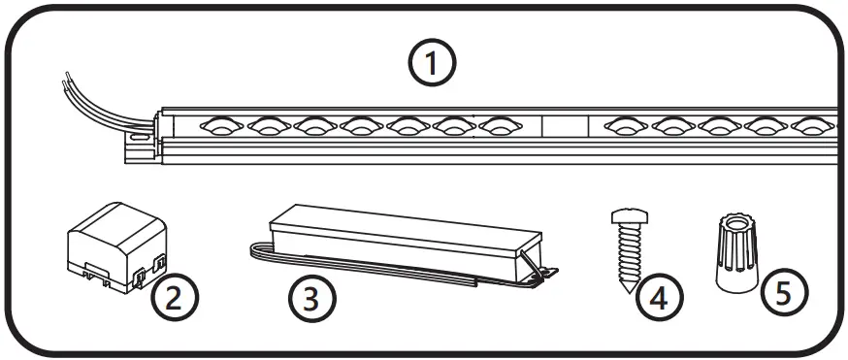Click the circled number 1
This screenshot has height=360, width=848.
tap(430, 65)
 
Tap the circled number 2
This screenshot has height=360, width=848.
tap(175, 297)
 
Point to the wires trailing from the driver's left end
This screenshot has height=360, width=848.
tap(257, 250)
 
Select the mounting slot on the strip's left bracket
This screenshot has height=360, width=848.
tap(140, 138)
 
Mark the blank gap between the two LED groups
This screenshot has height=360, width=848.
tap(567, 127)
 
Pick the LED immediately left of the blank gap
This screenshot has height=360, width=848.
tap(500, 126)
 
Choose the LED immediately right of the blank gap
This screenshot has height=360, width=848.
tap(625, 126)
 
